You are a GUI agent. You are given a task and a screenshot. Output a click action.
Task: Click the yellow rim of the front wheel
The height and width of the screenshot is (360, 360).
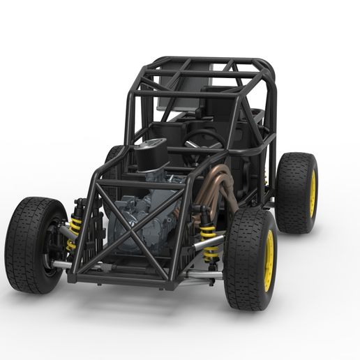pos(269,260)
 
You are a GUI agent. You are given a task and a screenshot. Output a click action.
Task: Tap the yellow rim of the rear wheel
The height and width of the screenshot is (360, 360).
pos(312,195)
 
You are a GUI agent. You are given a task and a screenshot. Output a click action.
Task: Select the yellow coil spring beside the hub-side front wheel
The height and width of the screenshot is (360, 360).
pos(74,232)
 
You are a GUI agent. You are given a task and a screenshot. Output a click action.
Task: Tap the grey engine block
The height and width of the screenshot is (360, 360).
pos(140,216)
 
